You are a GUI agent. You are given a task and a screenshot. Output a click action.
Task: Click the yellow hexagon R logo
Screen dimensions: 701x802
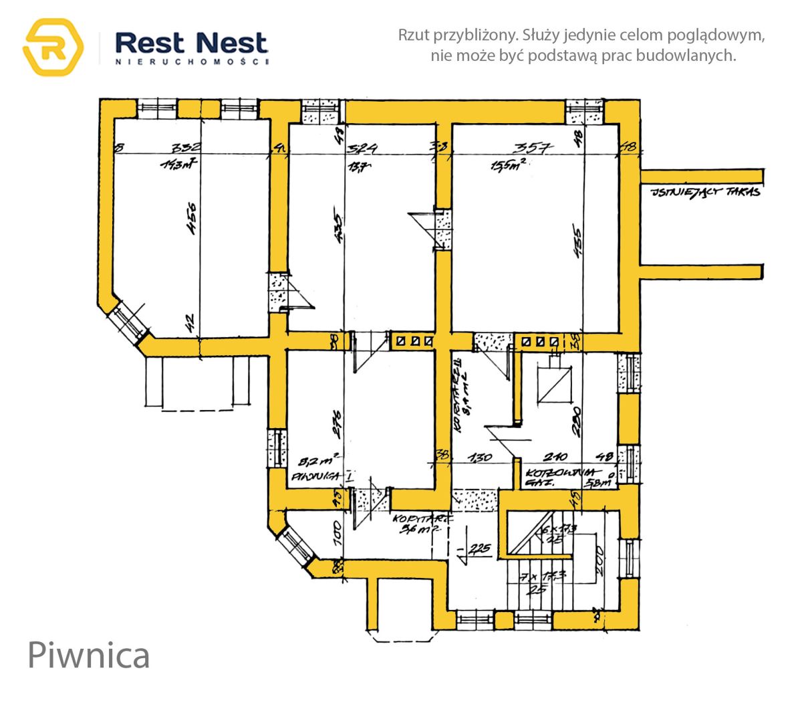pos(53,47)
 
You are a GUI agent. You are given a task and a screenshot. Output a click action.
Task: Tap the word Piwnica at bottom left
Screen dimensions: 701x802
pos(88,655)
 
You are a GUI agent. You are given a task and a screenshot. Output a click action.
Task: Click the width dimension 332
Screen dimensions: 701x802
pos(186,148)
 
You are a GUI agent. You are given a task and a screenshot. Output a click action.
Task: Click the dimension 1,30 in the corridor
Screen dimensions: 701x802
pos(479,458)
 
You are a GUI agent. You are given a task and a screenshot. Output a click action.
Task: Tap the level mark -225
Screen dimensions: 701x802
pos(479,549)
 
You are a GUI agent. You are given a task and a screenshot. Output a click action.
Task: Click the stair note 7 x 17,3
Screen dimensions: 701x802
pos(545,575)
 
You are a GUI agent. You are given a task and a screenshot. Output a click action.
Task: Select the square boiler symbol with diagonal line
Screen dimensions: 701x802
pos(554,385)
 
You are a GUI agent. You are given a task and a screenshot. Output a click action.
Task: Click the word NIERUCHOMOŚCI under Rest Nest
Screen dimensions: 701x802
pos(192,62)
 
